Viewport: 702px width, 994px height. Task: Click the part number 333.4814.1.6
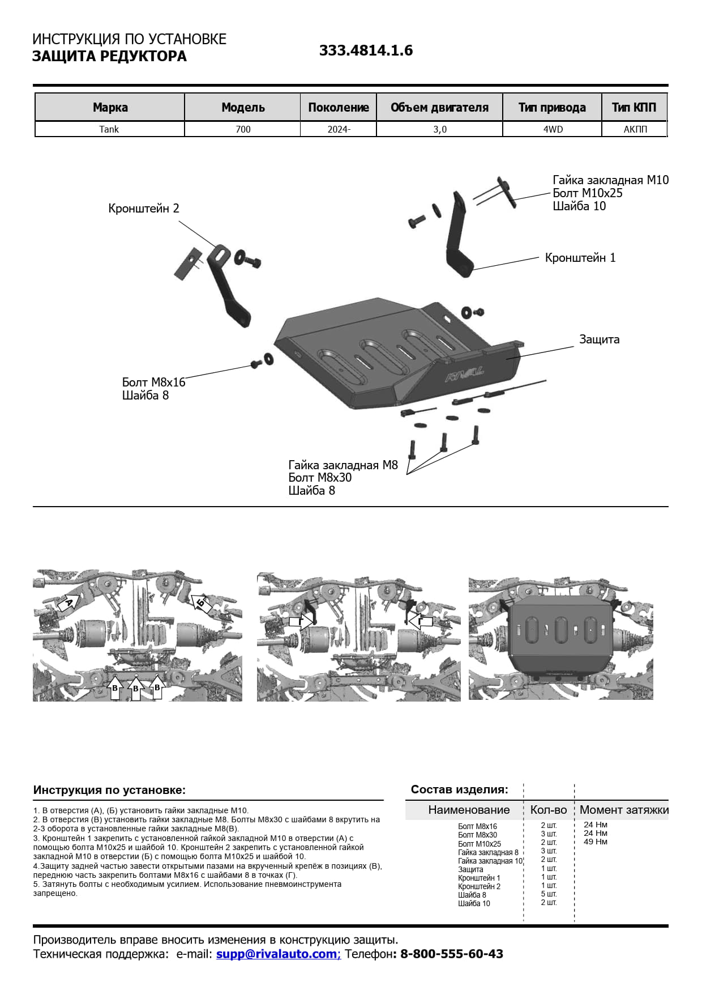(366, 50)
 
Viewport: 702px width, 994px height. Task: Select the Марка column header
(110, 107)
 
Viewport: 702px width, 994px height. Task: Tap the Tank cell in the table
(109, 129)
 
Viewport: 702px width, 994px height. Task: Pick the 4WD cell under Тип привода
(553, 129)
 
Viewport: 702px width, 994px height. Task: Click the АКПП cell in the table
(635, 129)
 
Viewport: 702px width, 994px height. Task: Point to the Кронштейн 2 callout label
(144, 209)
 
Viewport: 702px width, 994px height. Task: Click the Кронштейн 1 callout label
(580, 258)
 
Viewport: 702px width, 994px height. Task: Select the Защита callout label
(599, 339)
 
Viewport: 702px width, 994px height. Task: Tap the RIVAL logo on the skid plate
(465, 376)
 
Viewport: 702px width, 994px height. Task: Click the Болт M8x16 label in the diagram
(153, 383)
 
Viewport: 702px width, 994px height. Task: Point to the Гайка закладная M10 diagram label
(610, 180)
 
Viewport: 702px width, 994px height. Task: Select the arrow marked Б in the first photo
(200, 602)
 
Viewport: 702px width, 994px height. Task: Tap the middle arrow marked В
(136, 688)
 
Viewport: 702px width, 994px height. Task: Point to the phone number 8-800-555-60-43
(451, 954)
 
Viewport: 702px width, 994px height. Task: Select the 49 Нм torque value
(595, 842)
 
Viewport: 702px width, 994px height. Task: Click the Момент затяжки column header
(623, 810)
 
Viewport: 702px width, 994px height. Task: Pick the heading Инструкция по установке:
(109, 790)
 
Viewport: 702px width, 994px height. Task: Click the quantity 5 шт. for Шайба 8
(549, 894)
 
